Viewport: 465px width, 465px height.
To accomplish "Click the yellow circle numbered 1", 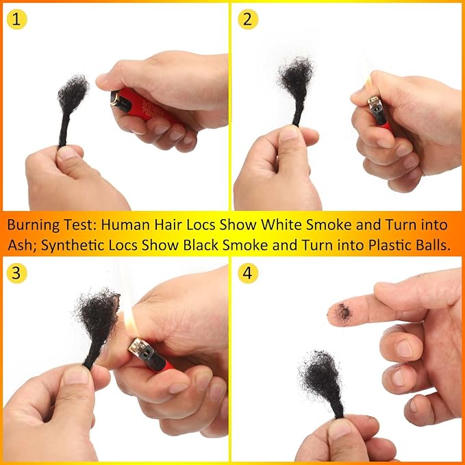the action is (16, 19).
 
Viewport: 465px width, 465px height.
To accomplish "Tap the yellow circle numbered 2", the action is (248, 19).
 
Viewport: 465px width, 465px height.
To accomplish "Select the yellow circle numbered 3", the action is (16, 273).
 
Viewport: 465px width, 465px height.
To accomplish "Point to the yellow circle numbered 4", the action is (248, 273).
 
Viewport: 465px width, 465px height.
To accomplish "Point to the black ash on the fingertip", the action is (343, 312).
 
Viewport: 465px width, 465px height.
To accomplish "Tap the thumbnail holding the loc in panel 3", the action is (76, 375).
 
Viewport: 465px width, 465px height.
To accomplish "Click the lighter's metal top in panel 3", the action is (139, 347).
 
